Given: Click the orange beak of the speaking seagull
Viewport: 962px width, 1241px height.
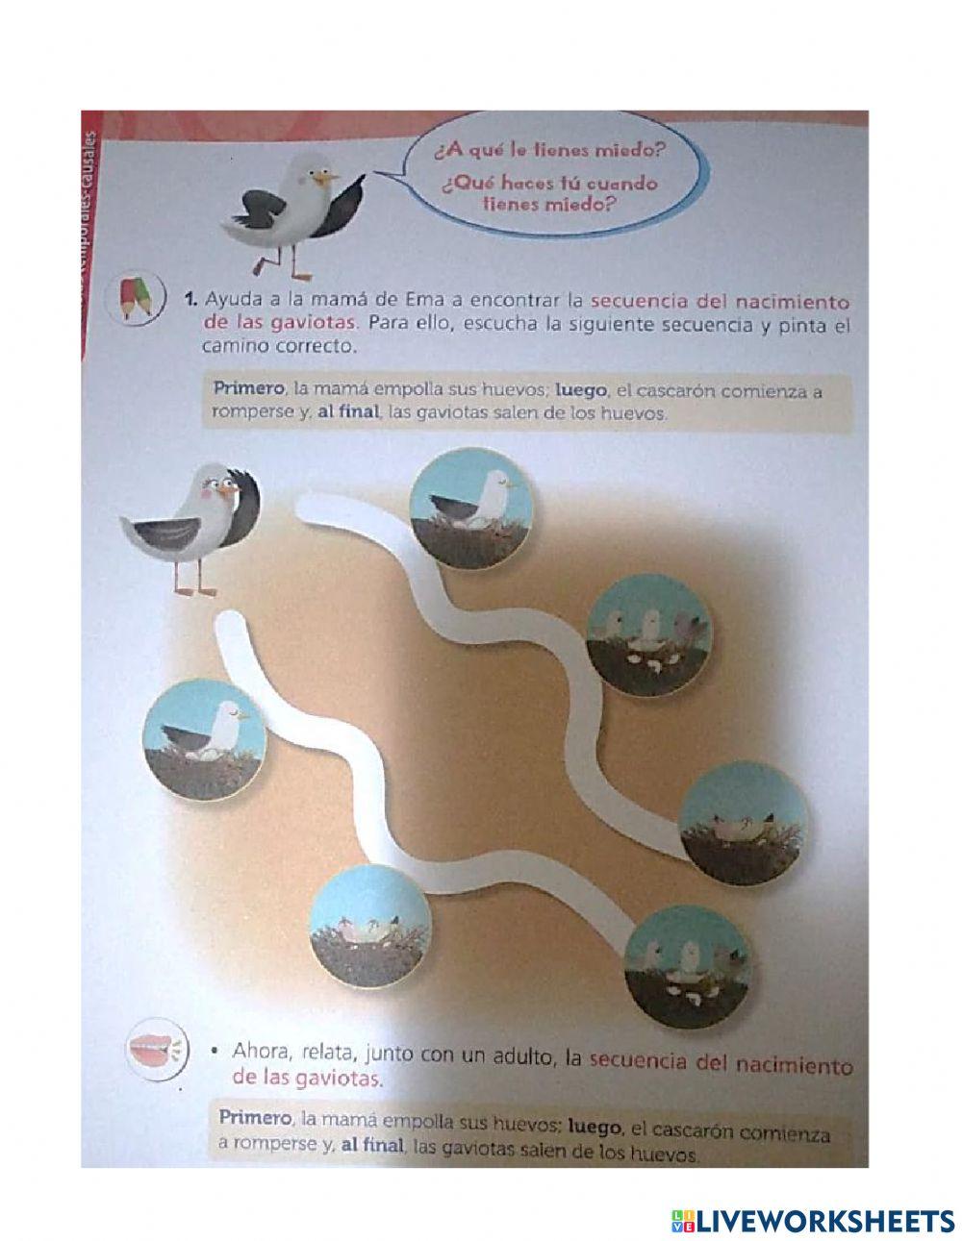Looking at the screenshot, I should click(x=330, y=177).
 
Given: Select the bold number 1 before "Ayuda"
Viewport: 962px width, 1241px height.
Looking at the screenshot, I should click(x=190, y=299).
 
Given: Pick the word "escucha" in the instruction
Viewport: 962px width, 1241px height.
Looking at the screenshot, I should click(x=501, y=324).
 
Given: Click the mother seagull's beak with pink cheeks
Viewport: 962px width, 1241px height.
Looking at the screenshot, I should click(x=227, y=490).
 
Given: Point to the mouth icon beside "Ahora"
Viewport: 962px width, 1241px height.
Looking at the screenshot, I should click(x=151, y=1053).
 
